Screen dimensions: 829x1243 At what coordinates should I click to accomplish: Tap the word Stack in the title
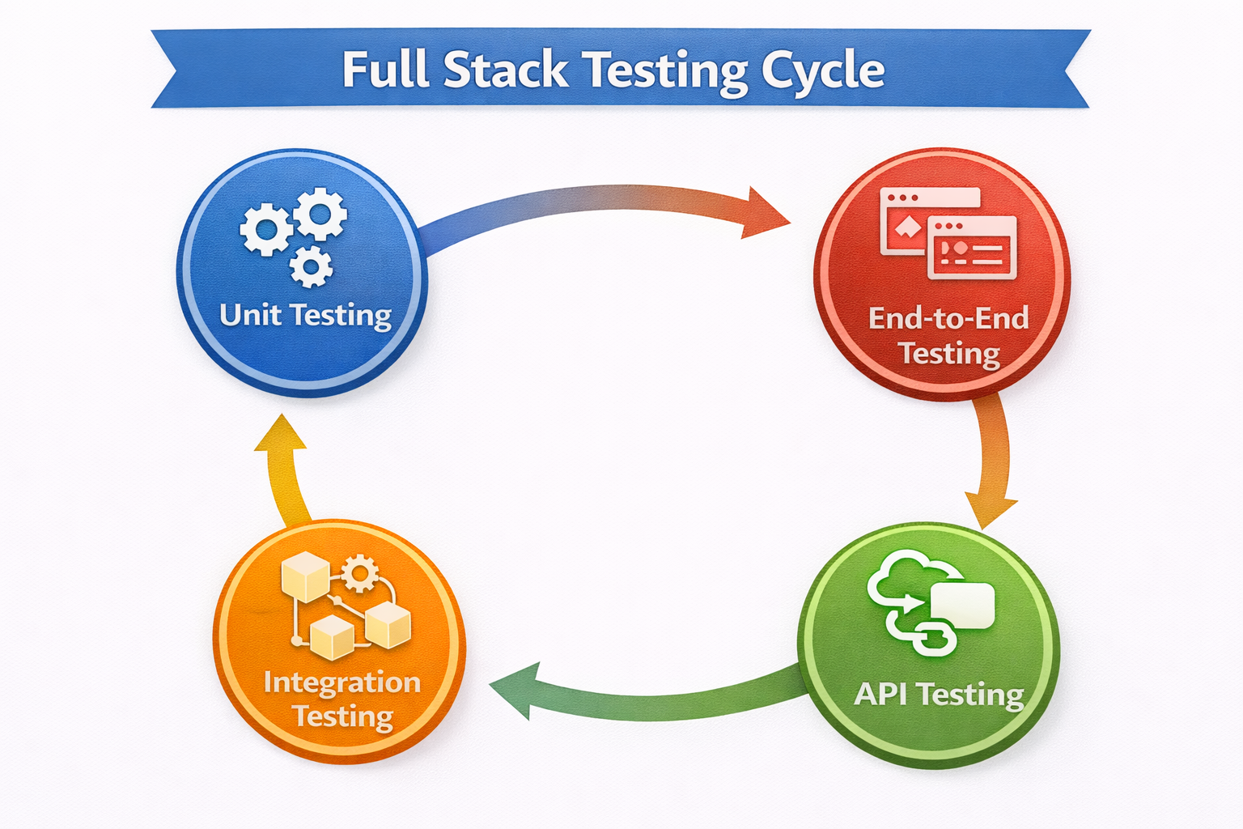[506, 70]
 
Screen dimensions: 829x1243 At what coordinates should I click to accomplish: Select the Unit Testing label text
[305, 315]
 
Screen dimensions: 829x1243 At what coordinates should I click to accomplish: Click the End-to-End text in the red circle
[948, 318]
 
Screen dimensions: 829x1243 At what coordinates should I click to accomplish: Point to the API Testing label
[939, 695]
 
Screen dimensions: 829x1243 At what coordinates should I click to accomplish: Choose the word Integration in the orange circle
[342, 682]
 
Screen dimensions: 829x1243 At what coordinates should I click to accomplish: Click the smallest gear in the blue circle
[311, 266]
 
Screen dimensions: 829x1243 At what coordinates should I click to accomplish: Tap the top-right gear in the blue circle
[320, 214]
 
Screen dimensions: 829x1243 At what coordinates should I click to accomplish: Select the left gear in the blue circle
[265, 230]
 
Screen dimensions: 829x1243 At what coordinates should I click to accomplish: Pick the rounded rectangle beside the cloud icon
[963, 606]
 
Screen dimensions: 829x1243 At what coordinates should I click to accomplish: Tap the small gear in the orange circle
[359, 574]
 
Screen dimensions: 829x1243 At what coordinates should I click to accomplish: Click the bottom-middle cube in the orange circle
[333, 636]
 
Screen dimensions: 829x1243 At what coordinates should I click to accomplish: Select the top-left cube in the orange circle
[304, 576]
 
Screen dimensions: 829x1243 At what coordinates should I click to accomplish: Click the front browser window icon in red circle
[972, 248]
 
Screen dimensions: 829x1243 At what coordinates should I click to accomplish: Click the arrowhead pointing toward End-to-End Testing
[764, 214]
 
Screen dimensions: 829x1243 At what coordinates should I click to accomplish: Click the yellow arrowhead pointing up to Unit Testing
[281, 435]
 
